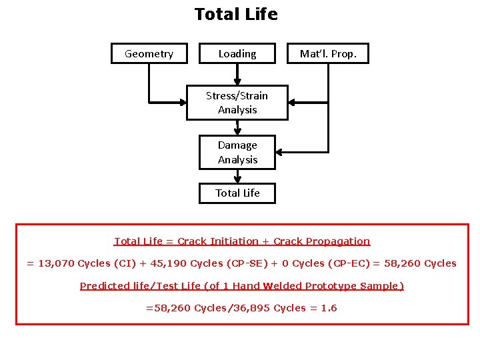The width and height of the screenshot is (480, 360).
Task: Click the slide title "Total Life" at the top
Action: click(236, 14)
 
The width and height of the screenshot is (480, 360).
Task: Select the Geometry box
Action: click(149, 53)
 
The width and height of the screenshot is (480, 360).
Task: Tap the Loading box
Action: click(237, 53)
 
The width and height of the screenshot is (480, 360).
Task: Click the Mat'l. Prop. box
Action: click(328, 53)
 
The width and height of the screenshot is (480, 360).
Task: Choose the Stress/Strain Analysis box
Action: click(237, 103)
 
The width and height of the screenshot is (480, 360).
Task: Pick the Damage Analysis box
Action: click(237, 152)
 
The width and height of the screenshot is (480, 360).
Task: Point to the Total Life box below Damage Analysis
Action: click(237, 193)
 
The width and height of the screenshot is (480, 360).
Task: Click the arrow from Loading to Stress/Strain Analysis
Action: click(237, 74)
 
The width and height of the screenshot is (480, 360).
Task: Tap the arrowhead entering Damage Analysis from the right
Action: click(281, 152)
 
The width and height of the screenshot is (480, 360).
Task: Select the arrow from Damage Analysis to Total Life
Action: click(237, 176)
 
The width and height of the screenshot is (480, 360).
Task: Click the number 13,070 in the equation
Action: click(57, 263)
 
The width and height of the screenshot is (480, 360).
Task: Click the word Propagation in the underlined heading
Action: click(339, 241)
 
